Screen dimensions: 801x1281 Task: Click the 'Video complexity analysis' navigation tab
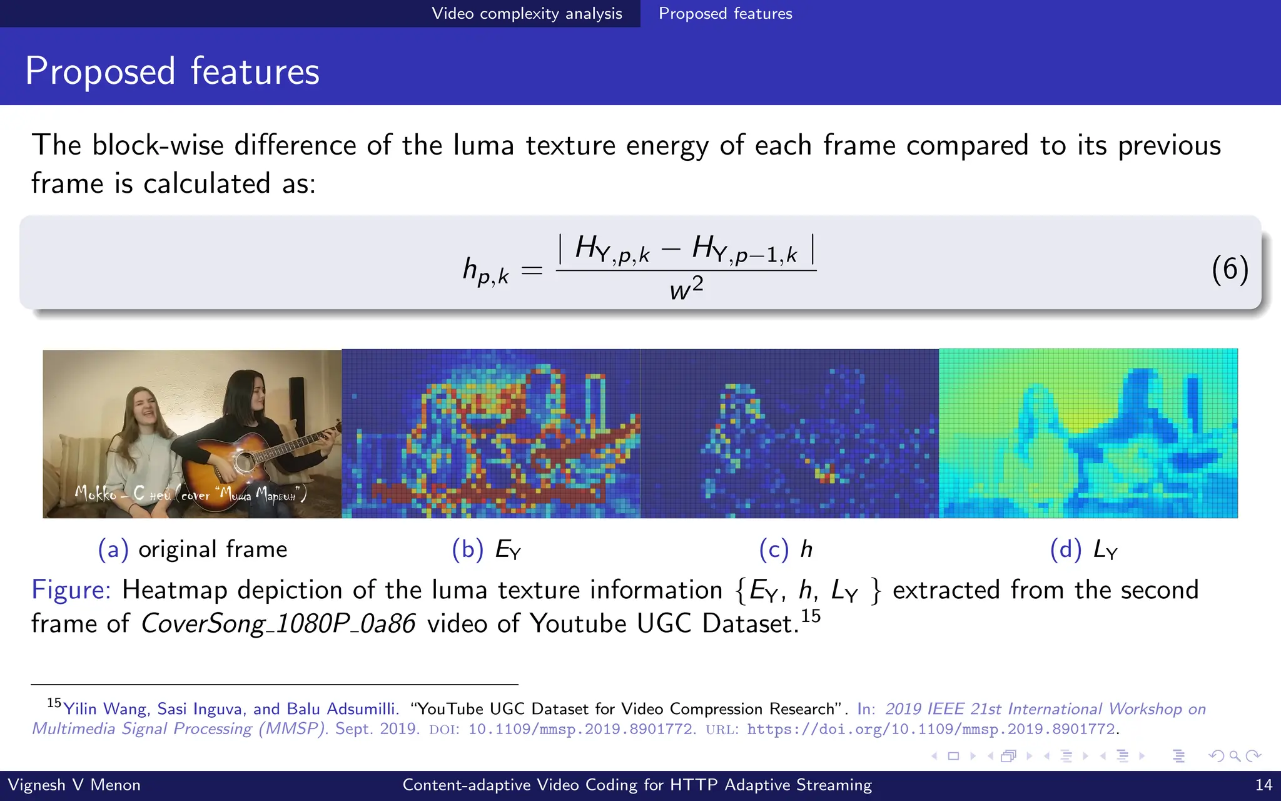(x=527, y=14)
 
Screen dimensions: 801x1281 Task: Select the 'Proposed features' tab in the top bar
(x=725, y=14)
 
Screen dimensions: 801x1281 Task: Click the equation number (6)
(x=1230, y=269)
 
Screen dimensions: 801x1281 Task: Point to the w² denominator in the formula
(x=686, y=289)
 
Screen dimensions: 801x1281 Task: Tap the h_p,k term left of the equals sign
(x=485, y=270)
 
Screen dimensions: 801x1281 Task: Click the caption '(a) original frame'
(x=193, y=549)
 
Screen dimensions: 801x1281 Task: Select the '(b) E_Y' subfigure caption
(x=487, y=549)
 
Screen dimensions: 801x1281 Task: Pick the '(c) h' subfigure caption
(x=786, y=549)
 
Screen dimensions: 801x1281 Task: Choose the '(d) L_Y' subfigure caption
(x=1083, y=549)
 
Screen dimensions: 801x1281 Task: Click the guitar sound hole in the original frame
(x=245, y=462)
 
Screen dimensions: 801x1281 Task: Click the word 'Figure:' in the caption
(x=71, y=590)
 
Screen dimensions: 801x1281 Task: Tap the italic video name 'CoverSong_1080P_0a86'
(x=278, y=624)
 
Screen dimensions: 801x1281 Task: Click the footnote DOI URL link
(x=931, y=729)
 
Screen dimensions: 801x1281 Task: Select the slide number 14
(x=1263, y=785)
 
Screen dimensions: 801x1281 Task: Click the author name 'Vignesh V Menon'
(x=74, y=785)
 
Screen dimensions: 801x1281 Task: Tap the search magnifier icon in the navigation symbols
(x=1235, y=756)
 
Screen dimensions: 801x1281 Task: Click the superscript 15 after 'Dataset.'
(x=811, y=616)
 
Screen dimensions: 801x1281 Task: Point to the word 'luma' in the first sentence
(x=483, y=145)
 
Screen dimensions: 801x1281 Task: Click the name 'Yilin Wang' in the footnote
(x=106, y=709)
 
